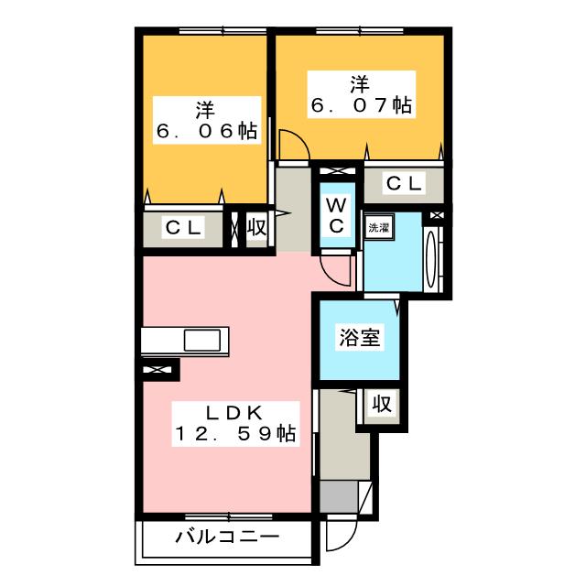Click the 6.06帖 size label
pyautogui.click(x=203, y=132)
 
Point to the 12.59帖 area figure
pyautogui.click(x=235, y=435)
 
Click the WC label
pyautogui.click(x=335, y=212)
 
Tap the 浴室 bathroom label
pyautogui.click(x=360, y=338)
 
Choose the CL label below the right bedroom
pyautogui.click(x=404, y=183)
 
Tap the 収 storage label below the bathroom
pyautogui.click(x=382, y=404)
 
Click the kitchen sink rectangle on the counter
pyautogui.click(x=202, y=342)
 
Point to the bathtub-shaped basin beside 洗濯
pyautogui.click(x=433, y=255)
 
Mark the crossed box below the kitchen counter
pyautogui.click(x=158, y=370)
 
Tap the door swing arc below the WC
pyautogui.click(x=336, y=269)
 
